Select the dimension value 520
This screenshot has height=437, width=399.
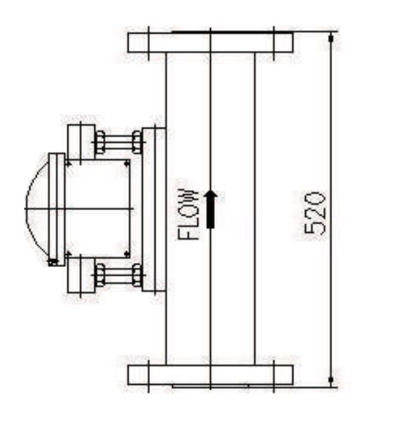(x=315, y=213)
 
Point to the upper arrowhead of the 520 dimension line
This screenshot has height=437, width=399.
(x=331, y=39)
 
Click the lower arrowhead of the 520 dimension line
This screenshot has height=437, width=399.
(x=331, y=381)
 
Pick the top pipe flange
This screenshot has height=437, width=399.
(x=210, y=42)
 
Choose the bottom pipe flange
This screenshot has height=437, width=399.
(x=210, y=374)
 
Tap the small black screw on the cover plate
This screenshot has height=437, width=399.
(x=52, y=262)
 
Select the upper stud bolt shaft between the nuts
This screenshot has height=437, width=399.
(x=119, y=143)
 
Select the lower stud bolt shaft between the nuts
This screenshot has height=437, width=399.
(x=119, y=275)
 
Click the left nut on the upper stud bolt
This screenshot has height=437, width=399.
(x=100, y=143)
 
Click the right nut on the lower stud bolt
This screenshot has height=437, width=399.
(x=137, y=275)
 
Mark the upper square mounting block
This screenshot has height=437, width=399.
(x=81, y=141)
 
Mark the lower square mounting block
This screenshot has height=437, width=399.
(x=81, y=275)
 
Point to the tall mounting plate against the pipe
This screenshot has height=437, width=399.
(x=154, y=209)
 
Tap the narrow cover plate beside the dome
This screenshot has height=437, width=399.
(x=57, y=209)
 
